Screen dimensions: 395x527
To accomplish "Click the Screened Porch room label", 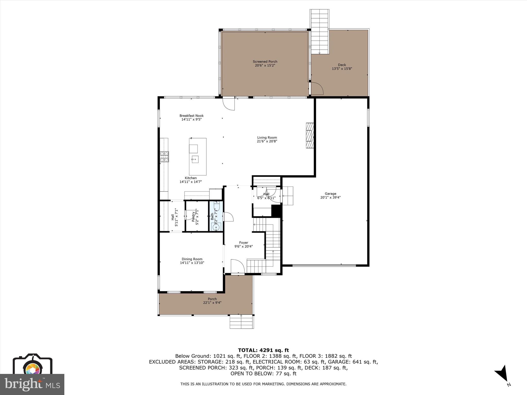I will click(x=265, y=61).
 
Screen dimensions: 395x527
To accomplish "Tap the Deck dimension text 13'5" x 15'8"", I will click(x=342, y=69).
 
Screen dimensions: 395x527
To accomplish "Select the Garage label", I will click(x=330, y=194).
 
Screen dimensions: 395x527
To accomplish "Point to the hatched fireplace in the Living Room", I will click(x=310, y=135).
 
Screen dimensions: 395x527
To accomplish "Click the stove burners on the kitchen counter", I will click(x=164, y=157).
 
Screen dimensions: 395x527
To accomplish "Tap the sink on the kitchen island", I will click(x=195, y=159).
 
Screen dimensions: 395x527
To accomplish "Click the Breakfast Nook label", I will click(x=191, y=116).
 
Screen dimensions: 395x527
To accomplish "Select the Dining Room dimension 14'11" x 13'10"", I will click(x=192, y=263).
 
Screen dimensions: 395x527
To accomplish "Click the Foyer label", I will click(x=243, y=243).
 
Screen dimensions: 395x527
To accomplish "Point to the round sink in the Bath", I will click(x=216, y=227).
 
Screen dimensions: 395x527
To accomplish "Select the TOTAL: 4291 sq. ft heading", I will click(x=263, y=350).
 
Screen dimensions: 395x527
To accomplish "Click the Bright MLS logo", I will click(x=32, y=384).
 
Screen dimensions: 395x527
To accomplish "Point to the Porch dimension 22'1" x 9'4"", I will click(x=212, y=303).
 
